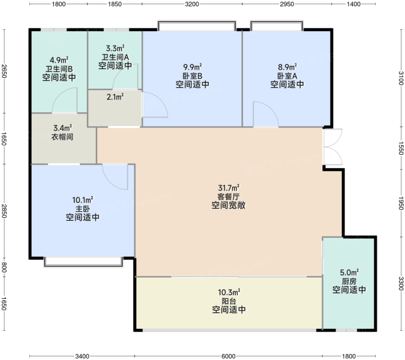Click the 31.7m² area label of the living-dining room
[x=229, y=188]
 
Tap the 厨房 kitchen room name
[x=349, y=281]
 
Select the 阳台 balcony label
[x=229, y=301]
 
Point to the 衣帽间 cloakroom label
[x=62, y=137]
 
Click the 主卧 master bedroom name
[x=83, y=209]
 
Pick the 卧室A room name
[x=287, y=76]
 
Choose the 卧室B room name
[x=193, y=76]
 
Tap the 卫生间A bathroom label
[x=115, y=57]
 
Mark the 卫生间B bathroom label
[x=59, y=69]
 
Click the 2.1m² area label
[x=115, y=97]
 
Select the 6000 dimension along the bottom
[x=229, y=356]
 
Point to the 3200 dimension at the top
[x=192, y=4]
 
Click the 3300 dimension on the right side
[x=401, y=284]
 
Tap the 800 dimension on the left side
[x=4, y=267]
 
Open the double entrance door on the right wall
[x=332, y=146]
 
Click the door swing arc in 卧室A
[x=266, y=114]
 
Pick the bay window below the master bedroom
[x=83, y=262]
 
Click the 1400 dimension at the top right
[x=353, y=4]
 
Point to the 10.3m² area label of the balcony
[x=229, y=292]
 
